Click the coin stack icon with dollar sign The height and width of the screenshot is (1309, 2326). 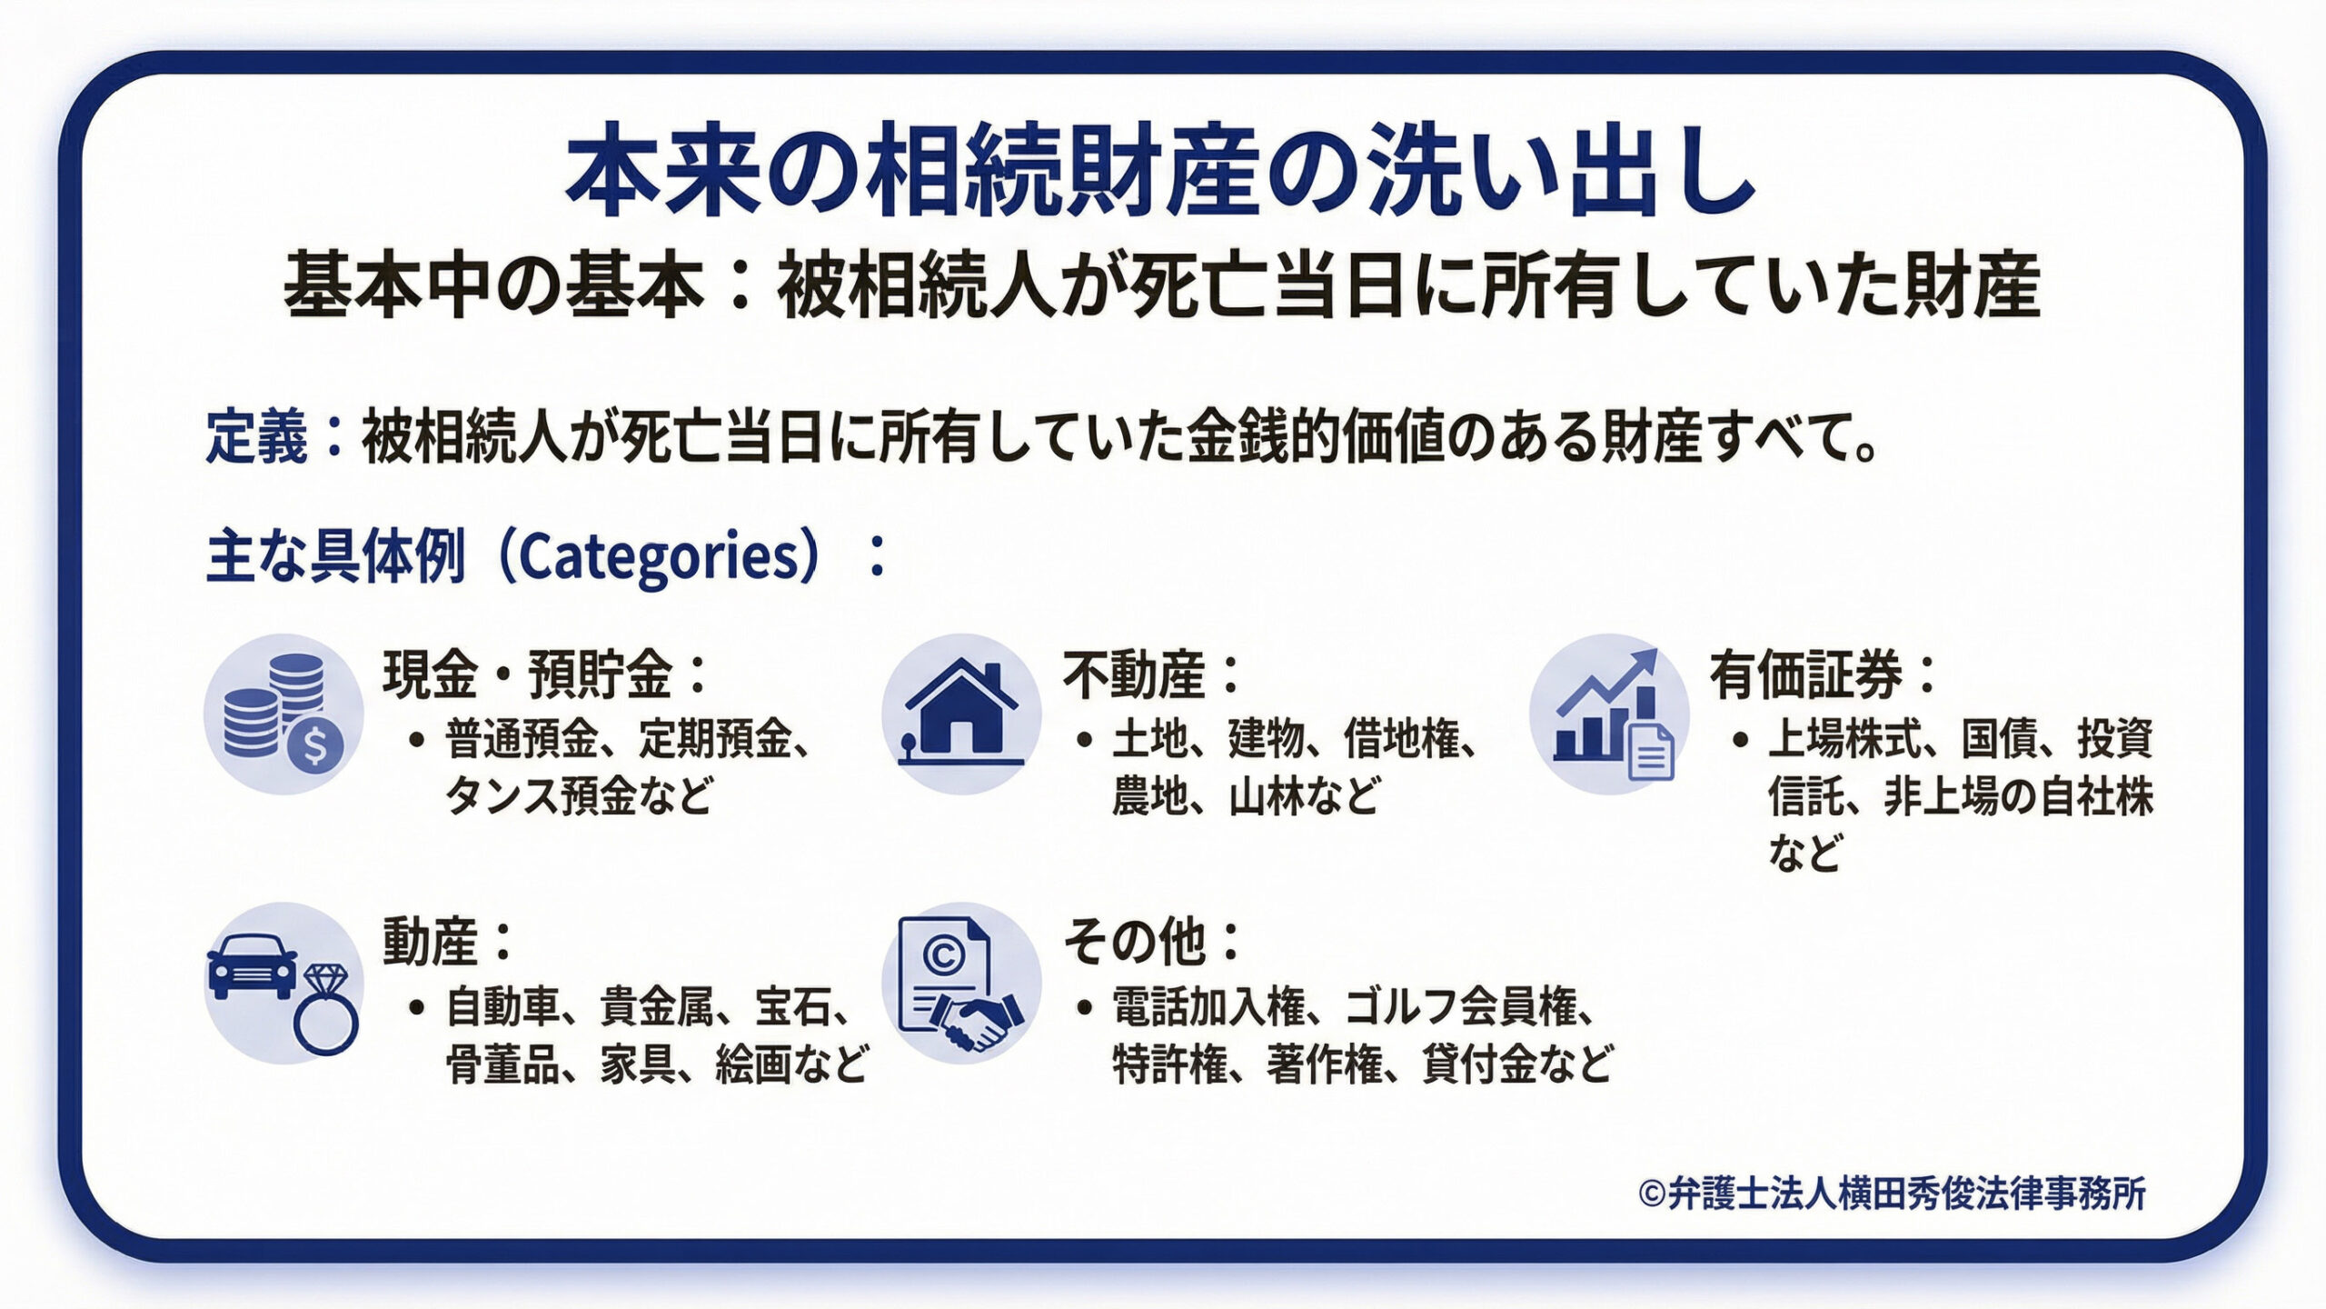(283, 714)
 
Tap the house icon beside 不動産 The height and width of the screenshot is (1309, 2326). (961, 714)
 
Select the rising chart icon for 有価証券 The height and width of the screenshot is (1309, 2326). (1609, 714)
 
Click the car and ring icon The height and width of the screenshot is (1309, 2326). (283, 983)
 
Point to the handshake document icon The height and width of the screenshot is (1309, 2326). (961, 983)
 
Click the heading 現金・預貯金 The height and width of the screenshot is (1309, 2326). (529, 674)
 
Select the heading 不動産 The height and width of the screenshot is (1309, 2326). (1134, 674)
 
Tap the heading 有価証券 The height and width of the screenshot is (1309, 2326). (1805, 674)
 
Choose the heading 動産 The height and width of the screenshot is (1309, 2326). (430, 942)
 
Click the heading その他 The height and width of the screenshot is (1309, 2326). (1135, 942)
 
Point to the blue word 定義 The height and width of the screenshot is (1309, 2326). (257, 438)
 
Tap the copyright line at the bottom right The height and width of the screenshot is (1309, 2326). (1892, 1194)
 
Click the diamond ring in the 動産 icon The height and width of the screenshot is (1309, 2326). (325, 1012)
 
